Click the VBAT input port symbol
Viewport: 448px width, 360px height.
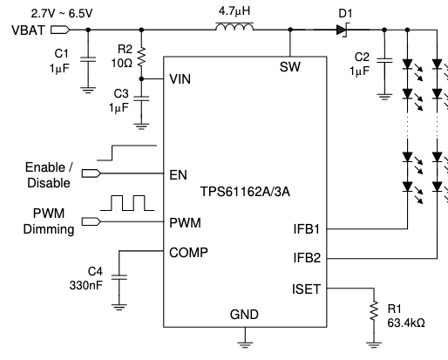tap(60, 30)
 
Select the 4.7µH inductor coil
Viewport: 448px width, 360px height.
tap(234, 26)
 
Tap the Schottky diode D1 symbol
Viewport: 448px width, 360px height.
tap(343, 30)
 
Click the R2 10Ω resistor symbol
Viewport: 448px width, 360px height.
tap(141, 57)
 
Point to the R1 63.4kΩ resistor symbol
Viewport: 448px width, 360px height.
tap(374, 310)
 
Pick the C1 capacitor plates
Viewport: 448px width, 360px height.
tap(88, 59)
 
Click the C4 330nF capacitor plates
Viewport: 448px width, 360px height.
tap(119, 277)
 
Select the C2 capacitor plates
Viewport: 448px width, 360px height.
tap(384, 60)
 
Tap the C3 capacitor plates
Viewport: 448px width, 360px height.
tap(141, 98)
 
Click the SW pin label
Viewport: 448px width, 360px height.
tap(290, 67)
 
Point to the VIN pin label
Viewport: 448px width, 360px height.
tap(180, 79)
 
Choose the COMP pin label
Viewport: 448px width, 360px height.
tap(188, 253)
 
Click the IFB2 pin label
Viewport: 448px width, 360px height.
tap(307, 258)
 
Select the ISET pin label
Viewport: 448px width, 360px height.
tap(306, 289)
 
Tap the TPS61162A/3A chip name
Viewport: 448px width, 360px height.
tap(245, 192)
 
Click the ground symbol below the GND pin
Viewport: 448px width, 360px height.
tap(245, 345)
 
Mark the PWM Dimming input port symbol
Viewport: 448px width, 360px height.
tap(92, 221)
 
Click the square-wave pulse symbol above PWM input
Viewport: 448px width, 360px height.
tap(127, 203)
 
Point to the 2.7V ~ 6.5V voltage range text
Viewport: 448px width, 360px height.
tap(62, 13)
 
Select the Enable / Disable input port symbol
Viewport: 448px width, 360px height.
tap(92, 173)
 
